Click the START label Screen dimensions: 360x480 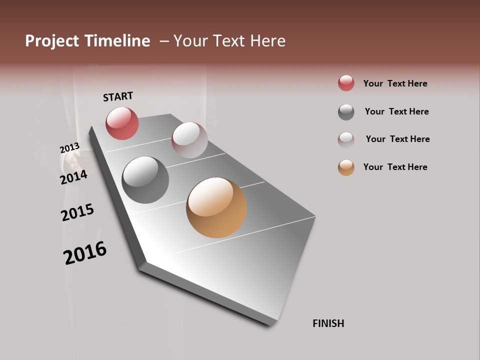click(118, 96)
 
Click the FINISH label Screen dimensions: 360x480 click(328, 323)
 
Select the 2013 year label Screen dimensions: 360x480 click(69, 148)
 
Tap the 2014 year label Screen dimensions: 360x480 click(73, 177)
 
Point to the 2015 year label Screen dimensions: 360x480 click(77, 212)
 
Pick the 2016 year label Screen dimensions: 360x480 click(85, 253)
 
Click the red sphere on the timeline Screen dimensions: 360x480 click(122, 123)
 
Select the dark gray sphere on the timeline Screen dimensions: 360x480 click(145, 180)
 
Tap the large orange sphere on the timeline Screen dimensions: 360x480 click(216, 207)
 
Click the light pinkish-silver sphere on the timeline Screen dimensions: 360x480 click(189, 140)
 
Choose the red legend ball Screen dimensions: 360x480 click(346, 83)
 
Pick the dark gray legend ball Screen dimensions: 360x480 click(346, 112)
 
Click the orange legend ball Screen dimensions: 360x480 click(346, 167)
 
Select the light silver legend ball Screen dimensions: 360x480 click(346, 139)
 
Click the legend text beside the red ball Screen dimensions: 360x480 click(395, 83)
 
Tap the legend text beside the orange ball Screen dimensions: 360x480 click(395, 167)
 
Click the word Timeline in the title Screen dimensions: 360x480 click(117, 41)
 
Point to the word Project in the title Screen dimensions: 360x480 click(52, 41)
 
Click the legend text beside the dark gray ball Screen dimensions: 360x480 click(396, 111)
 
